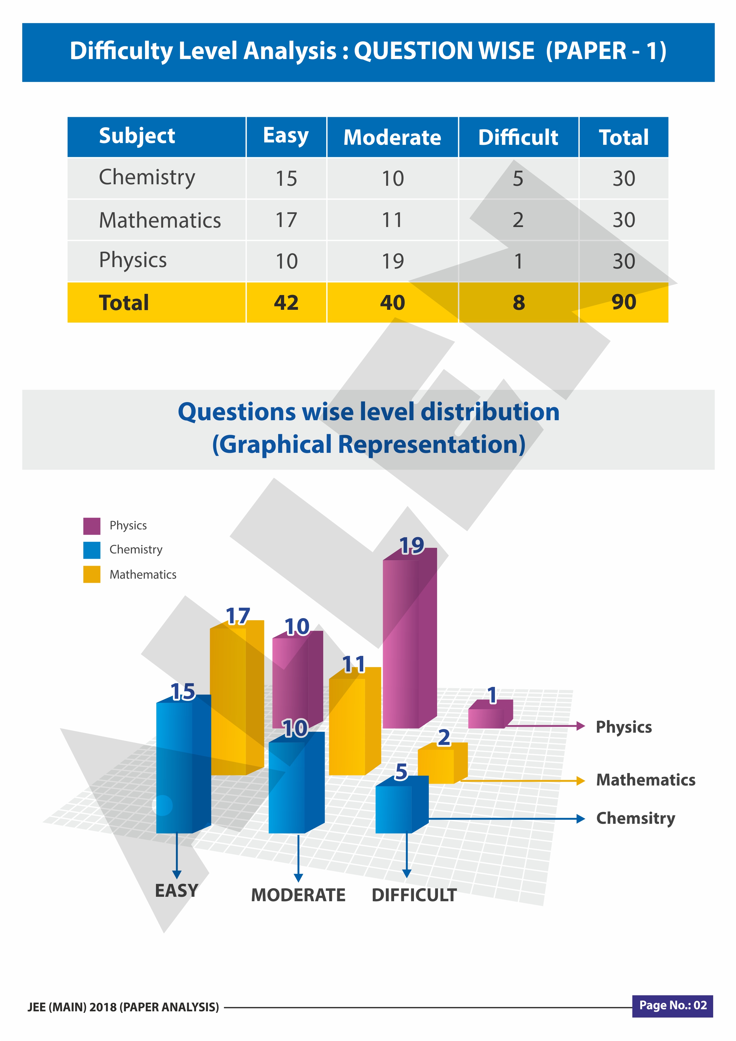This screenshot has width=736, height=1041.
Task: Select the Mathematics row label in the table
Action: coord(160,220)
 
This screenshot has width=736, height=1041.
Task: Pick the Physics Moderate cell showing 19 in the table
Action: coord(393,261)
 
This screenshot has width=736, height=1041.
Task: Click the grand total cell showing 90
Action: coord(624,302)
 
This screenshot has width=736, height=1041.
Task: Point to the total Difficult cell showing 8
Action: coord(518,302)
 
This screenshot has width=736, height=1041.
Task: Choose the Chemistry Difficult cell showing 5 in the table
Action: coord(518,179)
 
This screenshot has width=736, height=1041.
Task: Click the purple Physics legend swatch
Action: coord(92,526)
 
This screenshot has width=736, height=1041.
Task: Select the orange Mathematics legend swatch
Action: coord(92,575)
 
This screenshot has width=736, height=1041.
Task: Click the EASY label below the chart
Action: coord(176,891)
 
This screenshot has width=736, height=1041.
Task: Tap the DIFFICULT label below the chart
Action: coord(414,895)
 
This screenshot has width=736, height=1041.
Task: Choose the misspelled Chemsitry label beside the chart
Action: coord(635,818)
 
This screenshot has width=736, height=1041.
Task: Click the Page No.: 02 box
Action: coord(673,1006)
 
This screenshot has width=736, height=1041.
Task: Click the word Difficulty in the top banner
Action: coord(121,51)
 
